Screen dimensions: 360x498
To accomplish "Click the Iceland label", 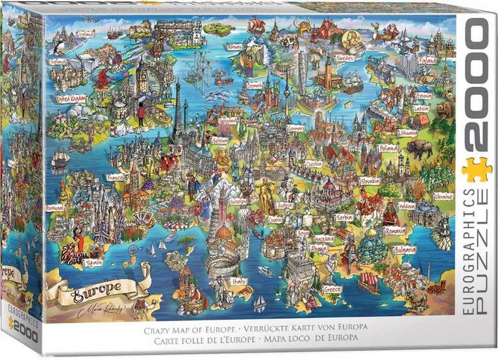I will (x=85, y=33).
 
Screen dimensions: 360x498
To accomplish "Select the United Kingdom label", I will (x=71, y=99).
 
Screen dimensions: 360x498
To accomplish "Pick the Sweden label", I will (x=345, y=58).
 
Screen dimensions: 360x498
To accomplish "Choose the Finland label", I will (x=428, y=60).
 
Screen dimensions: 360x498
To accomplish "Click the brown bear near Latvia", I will (x=446, y=110).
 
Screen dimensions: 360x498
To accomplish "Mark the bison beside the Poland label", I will (x=419, y=149).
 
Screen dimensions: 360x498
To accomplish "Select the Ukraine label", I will (x=443, y=195).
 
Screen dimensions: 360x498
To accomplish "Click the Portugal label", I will (x=56, y=208).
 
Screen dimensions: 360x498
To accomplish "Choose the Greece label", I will (x=332, y=289).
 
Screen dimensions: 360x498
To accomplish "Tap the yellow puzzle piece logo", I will (x=477, y=170).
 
